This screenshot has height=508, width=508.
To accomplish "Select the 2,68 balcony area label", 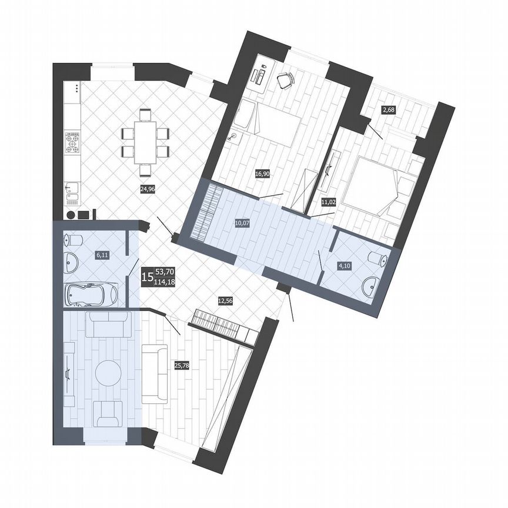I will pyautogui.click(x=387, y=109).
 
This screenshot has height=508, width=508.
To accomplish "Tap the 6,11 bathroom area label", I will pyautogui.click(x=102, y=255).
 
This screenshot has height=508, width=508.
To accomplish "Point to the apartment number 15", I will pyautogui.click(x=148, y=276).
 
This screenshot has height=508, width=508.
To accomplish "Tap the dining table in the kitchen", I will pyautogui.click(x=145, y=143).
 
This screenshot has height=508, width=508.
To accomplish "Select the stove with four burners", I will pyautogui.click(x=72, y=143).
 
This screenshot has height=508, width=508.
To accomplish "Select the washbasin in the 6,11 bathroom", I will pyautogui.click(x=71, y=263).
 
